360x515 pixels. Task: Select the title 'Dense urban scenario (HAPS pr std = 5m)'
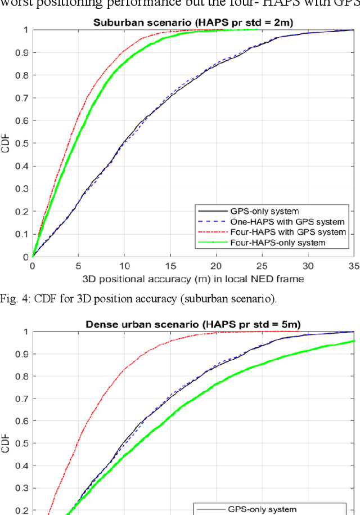click(x=195, y=325)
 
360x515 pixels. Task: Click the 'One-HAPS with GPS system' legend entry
click(x=271, y=222)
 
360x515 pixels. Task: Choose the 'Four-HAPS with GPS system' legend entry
click(x=273, y=232)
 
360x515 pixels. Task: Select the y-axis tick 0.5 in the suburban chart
click(x=21, y=144)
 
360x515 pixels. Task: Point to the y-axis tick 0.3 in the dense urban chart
click(x=21, y=486)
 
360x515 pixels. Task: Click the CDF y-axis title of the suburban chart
click(x=6, y=144)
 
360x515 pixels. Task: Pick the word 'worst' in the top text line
click(x=17, y=4)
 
